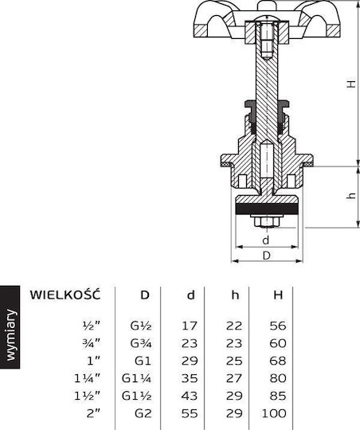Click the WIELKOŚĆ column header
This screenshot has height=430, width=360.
[x=65, y=295]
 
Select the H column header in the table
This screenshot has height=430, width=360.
[x=278, y=295]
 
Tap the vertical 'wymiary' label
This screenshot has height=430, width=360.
[x=11, y=334]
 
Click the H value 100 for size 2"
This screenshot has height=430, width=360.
[x=274, y=413]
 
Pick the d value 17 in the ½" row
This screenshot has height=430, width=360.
[x=190, y=326]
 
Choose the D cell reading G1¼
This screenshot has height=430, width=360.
[x=136, y=378]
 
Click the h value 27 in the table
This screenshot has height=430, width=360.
[x=234, y=378]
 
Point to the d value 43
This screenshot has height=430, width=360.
[x=190, y=396]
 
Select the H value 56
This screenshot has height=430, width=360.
[x=278, y=326]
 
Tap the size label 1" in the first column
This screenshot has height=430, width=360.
[x=93, y=361]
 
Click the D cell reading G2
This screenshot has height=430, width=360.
[x=143, y=413]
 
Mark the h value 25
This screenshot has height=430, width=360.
[x=234, y=361]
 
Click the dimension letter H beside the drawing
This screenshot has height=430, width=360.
[x=351, y=84]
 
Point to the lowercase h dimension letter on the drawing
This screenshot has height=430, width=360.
[x=351, y=196]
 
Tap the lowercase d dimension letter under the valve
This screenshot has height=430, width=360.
[x=265, y=240]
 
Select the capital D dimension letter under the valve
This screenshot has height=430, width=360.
[x=267, y=256]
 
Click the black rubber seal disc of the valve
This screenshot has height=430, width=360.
[x=267, y=209]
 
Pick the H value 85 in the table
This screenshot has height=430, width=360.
[x=278, y=396]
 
